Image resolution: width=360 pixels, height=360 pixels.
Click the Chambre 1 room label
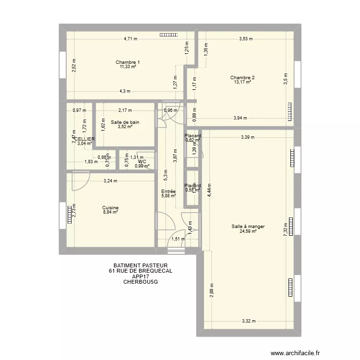click(128, 62)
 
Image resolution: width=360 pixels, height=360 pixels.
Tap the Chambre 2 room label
click(242, 77)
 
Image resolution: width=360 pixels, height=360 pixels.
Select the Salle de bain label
click(125, 122)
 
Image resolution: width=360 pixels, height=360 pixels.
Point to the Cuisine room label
click(110, 208)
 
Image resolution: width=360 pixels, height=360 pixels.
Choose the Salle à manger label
click(248, 227)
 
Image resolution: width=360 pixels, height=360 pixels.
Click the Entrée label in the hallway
click(168, 191)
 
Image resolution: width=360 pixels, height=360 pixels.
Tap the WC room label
click(142, 162)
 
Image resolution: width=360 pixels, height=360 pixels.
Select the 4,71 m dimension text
click(131, 39)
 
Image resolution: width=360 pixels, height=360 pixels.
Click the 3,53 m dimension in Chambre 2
click(246, 39)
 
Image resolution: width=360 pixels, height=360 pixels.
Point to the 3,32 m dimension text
click(249, 322)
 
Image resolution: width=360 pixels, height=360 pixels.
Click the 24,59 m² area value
click(248, 231)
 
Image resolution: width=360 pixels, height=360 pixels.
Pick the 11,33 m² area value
click(128, 67)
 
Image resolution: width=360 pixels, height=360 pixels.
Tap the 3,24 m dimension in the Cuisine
click(110, 181)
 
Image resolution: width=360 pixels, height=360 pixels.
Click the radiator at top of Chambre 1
click(168, 35)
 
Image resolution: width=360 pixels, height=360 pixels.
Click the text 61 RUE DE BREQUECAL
click(140, 271)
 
